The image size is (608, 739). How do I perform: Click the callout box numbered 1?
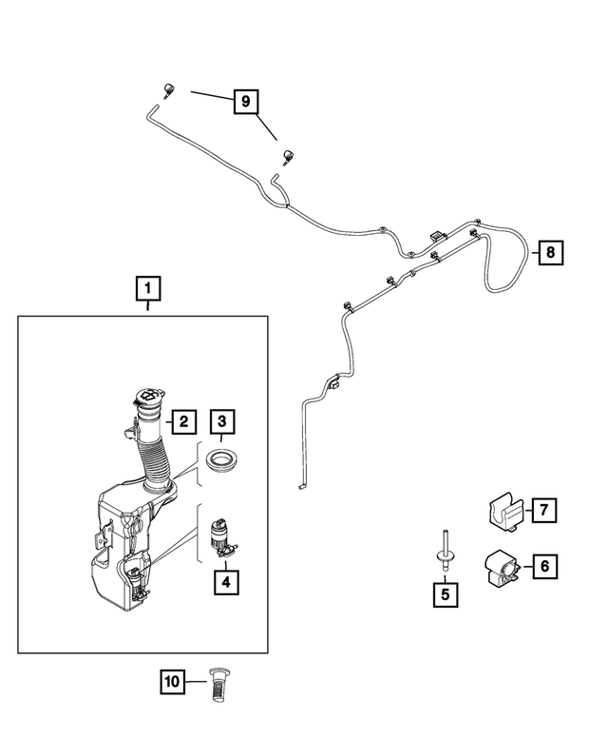point(148,288)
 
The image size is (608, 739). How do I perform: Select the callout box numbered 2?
point(183,421)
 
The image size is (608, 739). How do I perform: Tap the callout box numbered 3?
point(222,421)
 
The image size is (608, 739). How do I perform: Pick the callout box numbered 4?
point(226,582)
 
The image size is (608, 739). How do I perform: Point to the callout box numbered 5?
point(446,594)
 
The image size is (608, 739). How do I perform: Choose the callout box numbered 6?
point(545,566)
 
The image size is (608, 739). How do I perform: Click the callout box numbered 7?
point(544,510)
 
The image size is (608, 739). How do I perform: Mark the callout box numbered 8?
point(551,253)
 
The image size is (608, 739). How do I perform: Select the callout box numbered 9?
point(246,102)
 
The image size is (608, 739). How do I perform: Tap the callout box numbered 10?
point(172,682)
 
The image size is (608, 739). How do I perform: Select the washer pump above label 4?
point(224,537)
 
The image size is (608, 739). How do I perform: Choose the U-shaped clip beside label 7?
point(504,514)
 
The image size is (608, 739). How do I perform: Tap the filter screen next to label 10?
point(217,685)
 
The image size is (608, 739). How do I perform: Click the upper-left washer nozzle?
point(167,90)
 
